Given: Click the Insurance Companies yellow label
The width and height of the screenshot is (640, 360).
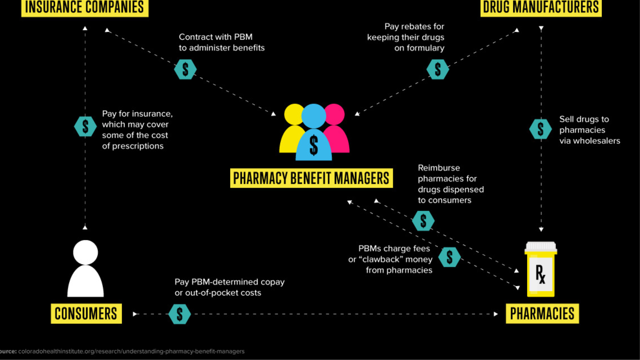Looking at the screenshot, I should (x=85, y=7).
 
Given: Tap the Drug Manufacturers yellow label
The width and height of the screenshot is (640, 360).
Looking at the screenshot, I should (x=541, y=7).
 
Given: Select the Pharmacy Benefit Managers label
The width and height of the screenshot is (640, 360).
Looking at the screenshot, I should (x=311, y=178).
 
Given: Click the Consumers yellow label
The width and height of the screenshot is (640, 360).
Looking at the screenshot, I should (x=86, y=314).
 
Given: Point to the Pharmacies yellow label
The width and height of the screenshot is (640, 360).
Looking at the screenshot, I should (x=542, y=314).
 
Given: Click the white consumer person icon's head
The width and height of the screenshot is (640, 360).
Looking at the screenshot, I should (x=85, y=252).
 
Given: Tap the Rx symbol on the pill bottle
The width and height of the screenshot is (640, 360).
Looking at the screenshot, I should (x=540, y=274).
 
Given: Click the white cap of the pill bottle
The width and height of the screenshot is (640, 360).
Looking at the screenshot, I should (x=541, y=247).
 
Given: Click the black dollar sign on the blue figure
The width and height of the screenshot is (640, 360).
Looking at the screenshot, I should (x=314, y=146).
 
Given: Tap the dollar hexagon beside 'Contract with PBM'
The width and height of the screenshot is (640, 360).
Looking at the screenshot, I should (x=185, y=69).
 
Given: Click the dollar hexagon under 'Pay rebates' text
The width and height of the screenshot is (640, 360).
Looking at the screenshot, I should (x=438, y=69).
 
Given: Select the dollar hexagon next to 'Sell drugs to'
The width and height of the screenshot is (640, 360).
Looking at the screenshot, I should (x=540, y=129).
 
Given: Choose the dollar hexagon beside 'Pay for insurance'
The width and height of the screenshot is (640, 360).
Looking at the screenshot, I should (x=85, y=126).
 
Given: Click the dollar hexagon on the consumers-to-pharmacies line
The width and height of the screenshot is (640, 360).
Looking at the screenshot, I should (x=180, y=314).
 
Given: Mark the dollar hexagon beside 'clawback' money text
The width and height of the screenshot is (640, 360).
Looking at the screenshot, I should (x=449, y=257).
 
